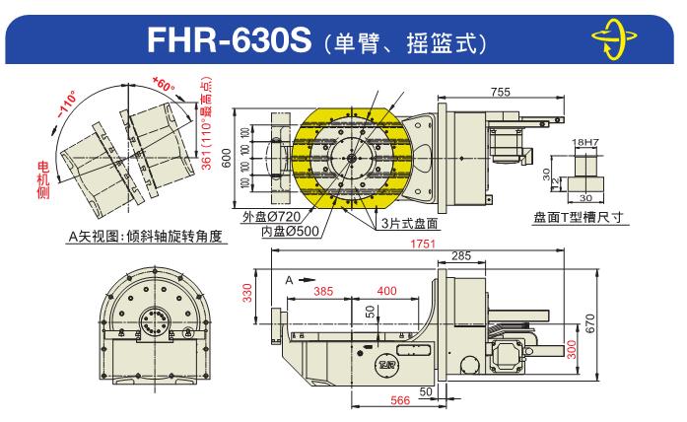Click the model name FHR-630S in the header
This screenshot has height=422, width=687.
[x=229, y=39]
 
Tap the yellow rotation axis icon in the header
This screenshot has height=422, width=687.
[x=613, y=38]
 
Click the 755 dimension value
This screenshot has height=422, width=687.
[x=501, y=92]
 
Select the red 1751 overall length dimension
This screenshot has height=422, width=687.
[x=423, y=244]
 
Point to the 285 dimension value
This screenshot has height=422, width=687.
[x=461, y=256]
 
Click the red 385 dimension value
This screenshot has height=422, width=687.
[x=323, y=292]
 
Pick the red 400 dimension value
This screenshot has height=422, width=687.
[x=387, y=291]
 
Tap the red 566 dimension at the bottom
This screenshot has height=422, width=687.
[x=400, y=400]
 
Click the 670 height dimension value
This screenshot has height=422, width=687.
[x=590, y=323]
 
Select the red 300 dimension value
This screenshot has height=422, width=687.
[x=572, y=349]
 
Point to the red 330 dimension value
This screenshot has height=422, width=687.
[x=247, y=293]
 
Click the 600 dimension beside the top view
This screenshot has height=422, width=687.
[x=226, y=158]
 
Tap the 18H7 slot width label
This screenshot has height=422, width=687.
[x=584, y=142]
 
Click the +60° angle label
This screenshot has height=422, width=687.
[x=163, y=84]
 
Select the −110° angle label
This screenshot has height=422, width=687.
[x=66, y=104]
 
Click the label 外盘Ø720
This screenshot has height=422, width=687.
[x=272, y=216]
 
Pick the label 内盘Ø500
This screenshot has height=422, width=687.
[x=290, y=231]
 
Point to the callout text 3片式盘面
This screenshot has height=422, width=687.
[x=409, y=223]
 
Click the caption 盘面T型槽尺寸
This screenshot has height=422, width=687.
[x=579, y=217]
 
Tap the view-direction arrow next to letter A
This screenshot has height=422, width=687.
[x=308, y=280]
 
